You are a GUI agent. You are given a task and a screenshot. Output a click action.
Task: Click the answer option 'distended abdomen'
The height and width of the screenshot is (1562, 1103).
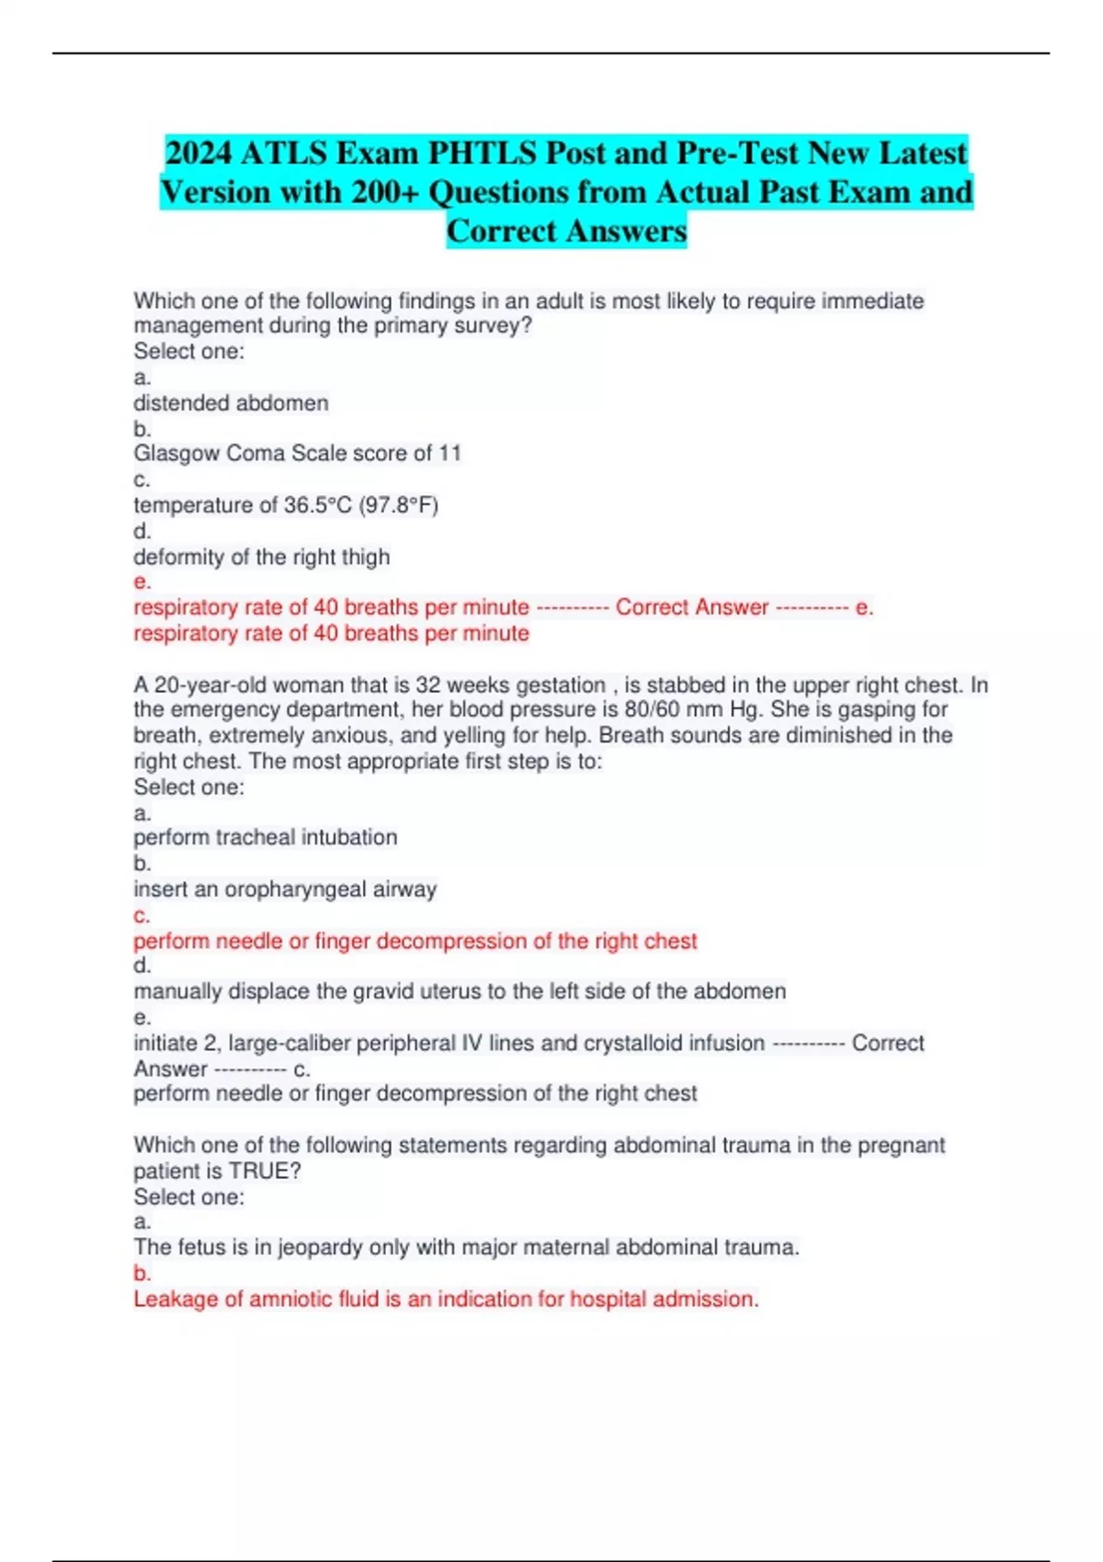231,403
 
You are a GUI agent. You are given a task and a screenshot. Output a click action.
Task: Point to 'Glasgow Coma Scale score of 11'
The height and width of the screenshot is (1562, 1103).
297,453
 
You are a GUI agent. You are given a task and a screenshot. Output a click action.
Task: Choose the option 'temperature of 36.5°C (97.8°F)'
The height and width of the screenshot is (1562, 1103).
286,505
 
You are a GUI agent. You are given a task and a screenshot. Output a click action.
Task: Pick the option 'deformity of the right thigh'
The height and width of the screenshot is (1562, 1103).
261,557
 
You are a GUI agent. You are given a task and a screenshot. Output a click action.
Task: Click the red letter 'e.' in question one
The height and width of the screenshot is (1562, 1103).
142,582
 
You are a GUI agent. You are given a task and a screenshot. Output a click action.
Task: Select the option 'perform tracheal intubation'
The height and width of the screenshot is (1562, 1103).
265,837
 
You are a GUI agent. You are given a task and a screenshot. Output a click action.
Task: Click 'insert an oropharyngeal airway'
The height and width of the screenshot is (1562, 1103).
285,889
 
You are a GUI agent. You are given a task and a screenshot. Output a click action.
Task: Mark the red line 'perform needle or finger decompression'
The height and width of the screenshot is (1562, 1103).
415,941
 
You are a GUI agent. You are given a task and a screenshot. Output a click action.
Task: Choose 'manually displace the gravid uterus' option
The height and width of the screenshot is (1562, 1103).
460,991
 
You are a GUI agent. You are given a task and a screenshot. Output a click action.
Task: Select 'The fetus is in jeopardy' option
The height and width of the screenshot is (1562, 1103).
466,1247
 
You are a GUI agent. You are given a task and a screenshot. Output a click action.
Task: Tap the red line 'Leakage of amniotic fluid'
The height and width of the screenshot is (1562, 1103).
446,1299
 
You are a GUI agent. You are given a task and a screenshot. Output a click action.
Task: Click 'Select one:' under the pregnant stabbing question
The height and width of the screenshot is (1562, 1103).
188,787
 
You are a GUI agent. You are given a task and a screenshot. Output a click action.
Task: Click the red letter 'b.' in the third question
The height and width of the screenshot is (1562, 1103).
142,1273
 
